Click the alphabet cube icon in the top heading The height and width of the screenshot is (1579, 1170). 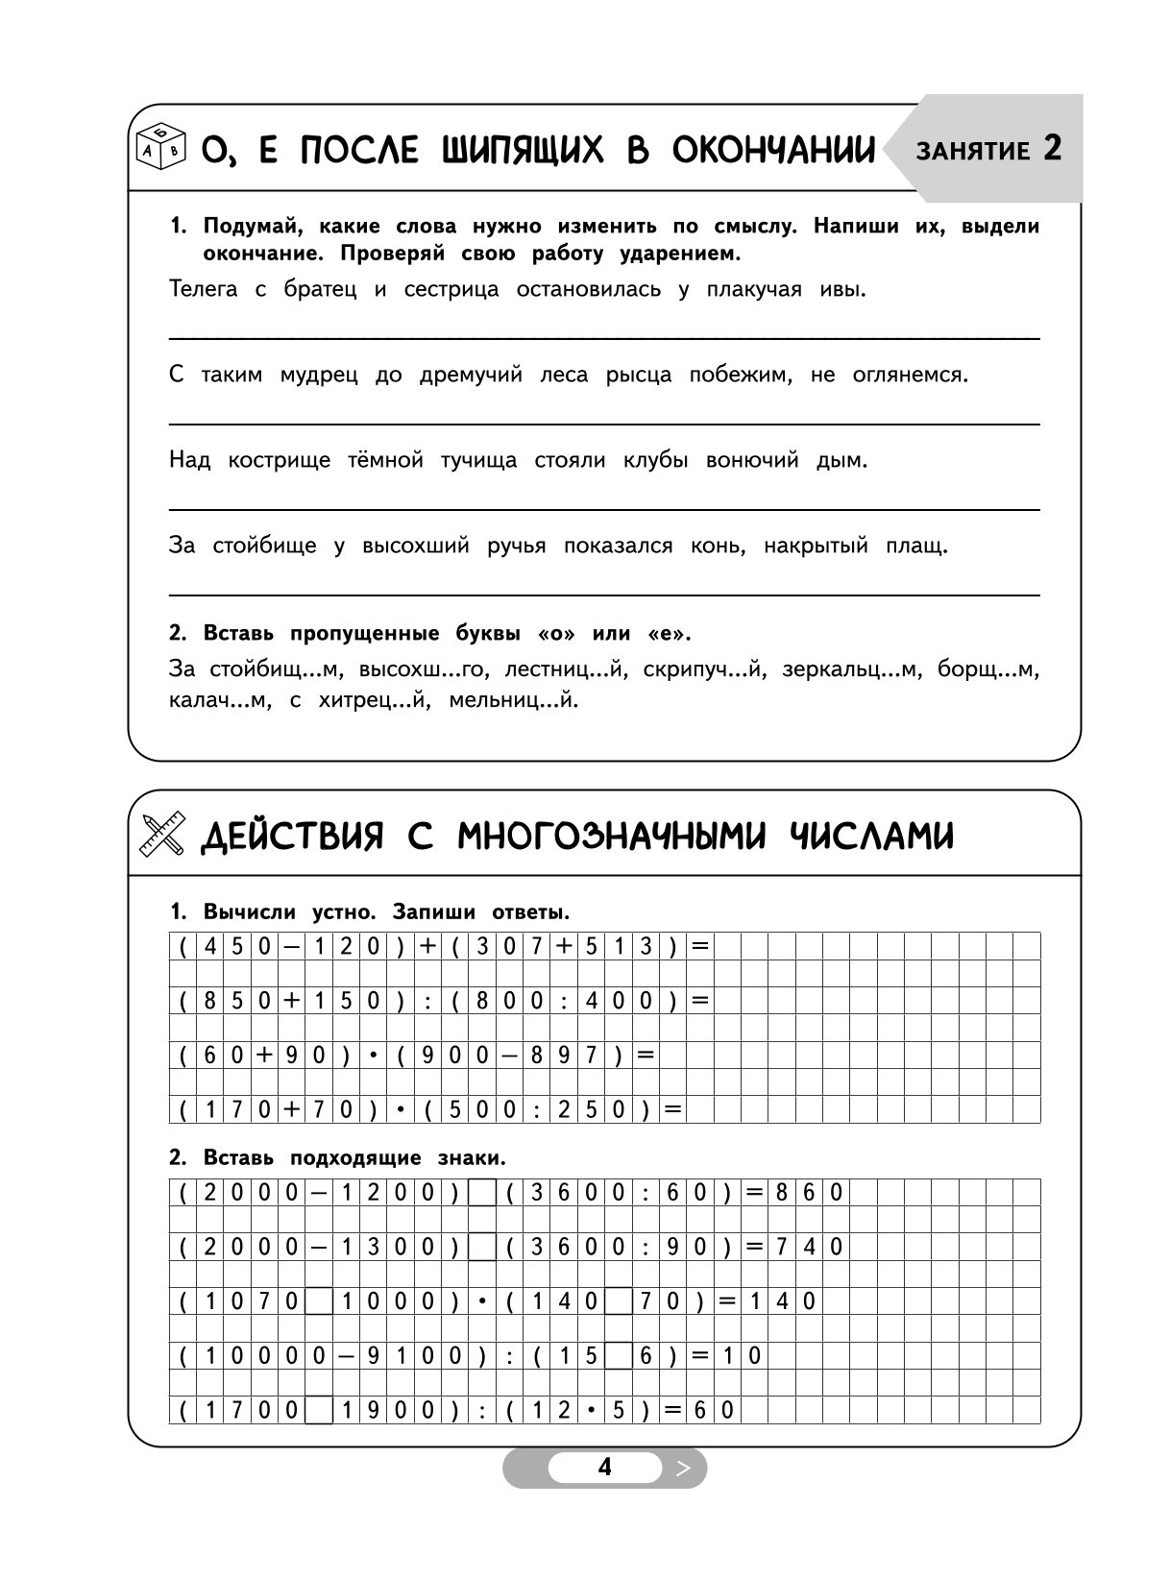(x=159, y=148)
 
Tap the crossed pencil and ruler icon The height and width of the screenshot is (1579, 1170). (x=162, y=835)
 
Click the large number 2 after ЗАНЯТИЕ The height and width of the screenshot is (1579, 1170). (x=1052, y=149)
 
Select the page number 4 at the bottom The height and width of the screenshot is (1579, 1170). (x=604, y=1467)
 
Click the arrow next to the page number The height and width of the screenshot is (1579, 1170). (x=683, y=1468)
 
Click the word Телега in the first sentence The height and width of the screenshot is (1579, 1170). (x=203, y=289)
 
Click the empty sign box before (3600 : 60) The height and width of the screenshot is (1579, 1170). (x=482, y=1193)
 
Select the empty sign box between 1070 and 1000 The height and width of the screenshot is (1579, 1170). (x=319, y=1302)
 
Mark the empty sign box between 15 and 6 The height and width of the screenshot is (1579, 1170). (x=619, y=1356)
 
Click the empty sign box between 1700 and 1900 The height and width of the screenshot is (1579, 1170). (x=319, y=1411)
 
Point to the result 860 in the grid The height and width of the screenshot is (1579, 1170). (x=809, y=1193)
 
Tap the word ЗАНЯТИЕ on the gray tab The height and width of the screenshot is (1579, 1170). (x=973, y=151)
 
